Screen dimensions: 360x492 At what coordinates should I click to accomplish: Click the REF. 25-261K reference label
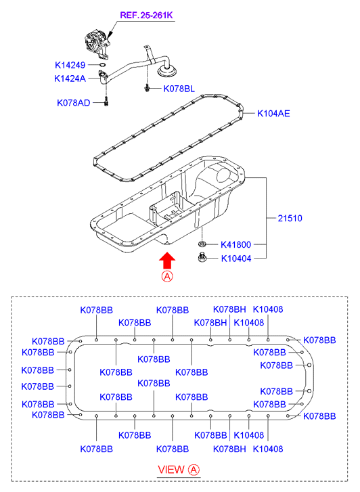(146, 15)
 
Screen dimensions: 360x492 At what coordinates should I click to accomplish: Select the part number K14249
(70, 65)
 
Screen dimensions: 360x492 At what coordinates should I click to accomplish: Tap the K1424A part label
(70, 78)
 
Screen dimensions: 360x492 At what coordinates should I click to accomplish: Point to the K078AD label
(74, 103)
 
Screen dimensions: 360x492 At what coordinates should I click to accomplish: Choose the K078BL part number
(179, 89)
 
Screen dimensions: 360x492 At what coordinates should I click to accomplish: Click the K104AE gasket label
(273, 113)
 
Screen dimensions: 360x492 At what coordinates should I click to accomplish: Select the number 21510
(290, 218)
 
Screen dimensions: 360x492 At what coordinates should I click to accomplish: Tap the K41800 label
(235, 244)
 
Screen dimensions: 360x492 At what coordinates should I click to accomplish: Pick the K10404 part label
(236, 259)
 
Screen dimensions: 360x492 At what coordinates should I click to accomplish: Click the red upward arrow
(167, 261)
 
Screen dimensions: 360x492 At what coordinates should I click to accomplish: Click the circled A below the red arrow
(167, 276)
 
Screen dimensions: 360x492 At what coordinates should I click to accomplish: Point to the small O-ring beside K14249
(102, 65)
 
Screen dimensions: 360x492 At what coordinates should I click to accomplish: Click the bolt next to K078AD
(106, 102)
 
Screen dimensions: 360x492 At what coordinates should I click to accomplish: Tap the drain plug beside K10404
(202, 257)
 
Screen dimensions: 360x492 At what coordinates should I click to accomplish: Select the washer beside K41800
(202, 244)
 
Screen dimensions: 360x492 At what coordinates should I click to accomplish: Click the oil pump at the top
(97, 43)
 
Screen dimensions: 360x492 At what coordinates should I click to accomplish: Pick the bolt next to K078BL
(147, 89)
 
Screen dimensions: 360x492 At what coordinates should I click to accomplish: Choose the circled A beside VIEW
(194, 470)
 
